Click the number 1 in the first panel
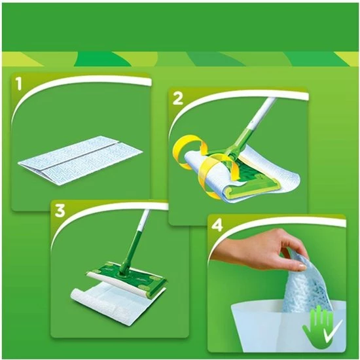pyautogui.click(x=20, y=84)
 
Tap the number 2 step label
pyautogui.click(x=177, y=99)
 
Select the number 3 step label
pyautogui.click(x=60, y=211)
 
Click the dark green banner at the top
pyautogui.click(x=180, y=26)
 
